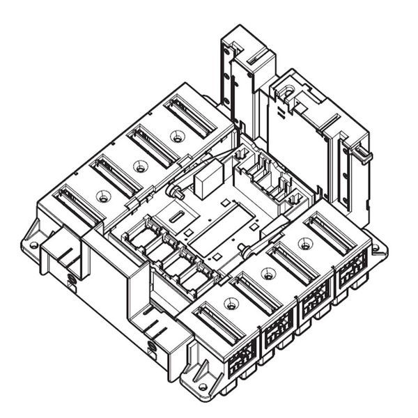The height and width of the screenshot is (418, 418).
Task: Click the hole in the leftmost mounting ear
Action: click(33, 245)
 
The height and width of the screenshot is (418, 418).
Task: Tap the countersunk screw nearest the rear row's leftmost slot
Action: click(102, 196)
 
